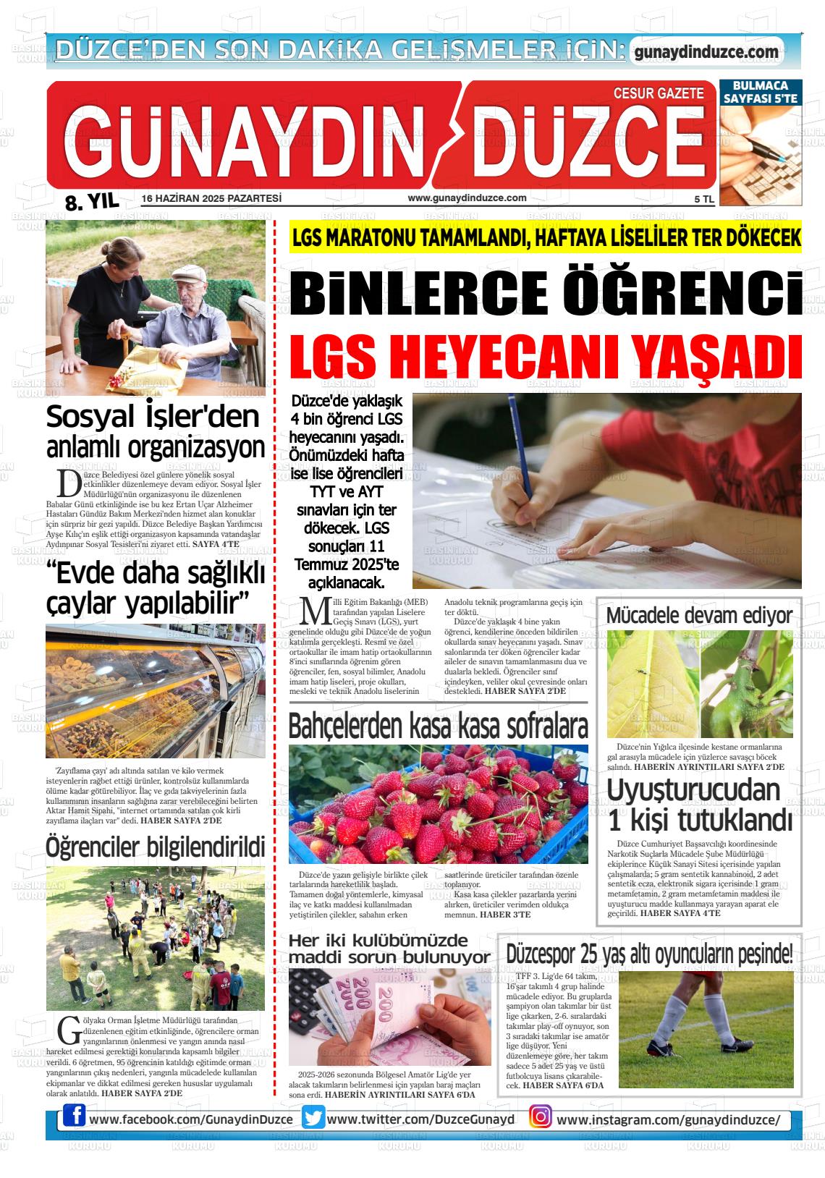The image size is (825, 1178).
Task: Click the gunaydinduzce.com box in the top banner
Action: point(706,52)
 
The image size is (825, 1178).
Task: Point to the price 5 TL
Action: point(703,199)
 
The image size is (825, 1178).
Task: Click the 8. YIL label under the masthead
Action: point(91,202)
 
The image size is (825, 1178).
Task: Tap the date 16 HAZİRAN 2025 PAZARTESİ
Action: point(211,198)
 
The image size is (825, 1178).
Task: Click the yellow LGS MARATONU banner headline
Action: point(546,237)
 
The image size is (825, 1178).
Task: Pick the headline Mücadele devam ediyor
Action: point(698,616)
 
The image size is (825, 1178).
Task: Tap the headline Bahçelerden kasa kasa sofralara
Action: point(438,726)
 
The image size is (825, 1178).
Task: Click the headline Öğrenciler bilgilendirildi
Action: point(155,845)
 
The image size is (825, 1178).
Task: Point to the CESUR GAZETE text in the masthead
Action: point(658,93)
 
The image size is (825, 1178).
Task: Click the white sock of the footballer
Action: point(676,1028)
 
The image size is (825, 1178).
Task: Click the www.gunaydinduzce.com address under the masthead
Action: point(467,198)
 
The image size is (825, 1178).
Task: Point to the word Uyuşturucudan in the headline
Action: point(693,790)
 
